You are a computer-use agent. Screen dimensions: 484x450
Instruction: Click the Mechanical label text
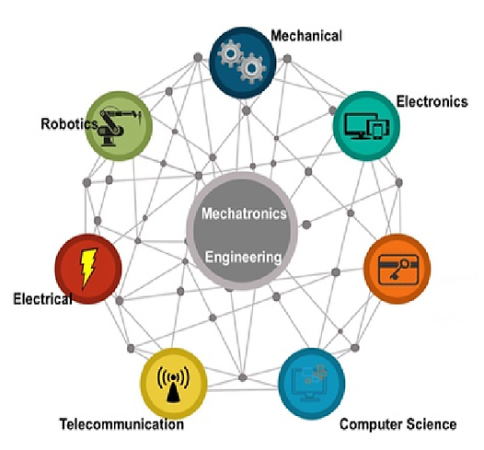pyautogui.click(x=306, y=36)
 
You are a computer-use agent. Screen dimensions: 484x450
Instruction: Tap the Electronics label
pyautogui.click(x=432, y=101)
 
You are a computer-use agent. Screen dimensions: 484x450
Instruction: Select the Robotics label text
pyautogui.click(x=69, y=123)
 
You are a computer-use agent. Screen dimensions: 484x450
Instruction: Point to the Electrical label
pyautogui.click(x=42, y=298)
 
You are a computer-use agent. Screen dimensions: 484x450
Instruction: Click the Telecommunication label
pyautogui.click(x=121, y=424)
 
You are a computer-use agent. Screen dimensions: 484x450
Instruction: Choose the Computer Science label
pyautogui.click(x=398, y=424)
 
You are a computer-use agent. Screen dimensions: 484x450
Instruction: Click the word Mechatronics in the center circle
pyautogui.click(x=244, y=213)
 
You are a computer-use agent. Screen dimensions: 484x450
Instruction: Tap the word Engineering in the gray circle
pyautogui.click(x=243, y=257)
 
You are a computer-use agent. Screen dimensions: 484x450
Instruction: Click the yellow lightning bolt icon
pyautogui.click(x=88, y=268)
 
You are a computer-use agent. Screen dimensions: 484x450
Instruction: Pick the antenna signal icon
pyautogui.click(x=173, y=384)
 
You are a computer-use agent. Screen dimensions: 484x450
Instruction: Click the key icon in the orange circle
pyautogui.click(x=399, y=269)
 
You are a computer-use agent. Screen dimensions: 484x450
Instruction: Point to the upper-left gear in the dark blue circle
pyautogui.click(x=230, y=54)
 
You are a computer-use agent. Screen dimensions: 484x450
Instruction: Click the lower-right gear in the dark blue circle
pyautogui.click(x=251, y=68)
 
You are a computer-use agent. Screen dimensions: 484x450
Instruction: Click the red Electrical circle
pyautogui.click(x=88, y=269)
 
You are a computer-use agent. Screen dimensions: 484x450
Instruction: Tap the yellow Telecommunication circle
pyautogui.click(x=174, y=384)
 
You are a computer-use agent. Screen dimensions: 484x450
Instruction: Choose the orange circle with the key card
pyautogui.click(x=398, y=269)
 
